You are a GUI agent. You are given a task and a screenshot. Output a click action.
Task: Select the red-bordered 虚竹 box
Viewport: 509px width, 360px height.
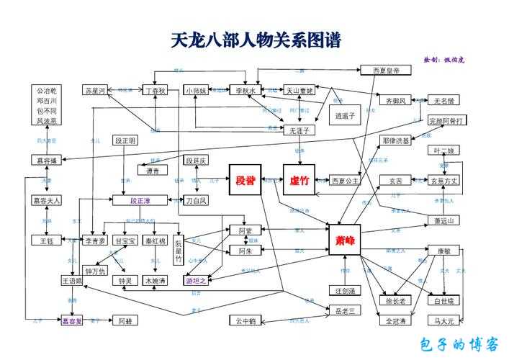[299, 180]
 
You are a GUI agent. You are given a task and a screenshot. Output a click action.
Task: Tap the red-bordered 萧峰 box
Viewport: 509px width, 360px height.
[344, 240]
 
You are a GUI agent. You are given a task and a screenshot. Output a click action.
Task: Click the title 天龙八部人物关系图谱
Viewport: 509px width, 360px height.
[256, 40]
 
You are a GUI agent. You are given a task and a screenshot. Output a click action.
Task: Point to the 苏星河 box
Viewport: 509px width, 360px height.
[95, 91]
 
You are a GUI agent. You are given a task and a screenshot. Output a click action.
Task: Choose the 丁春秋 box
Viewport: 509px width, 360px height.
[155, 91]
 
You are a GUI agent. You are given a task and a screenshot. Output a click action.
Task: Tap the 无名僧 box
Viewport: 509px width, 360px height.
[447, 100]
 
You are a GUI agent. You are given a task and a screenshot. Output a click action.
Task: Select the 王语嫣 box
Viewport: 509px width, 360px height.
[73, 281]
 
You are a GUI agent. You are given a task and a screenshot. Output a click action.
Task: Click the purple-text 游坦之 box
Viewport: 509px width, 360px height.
[196, 281]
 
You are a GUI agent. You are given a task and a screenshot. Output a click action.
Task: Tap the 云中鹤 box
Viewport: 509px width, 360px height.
[245, 320]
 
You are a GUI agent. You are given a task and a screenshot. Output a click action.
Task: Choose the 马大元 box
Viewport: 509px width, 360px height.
[444, 320]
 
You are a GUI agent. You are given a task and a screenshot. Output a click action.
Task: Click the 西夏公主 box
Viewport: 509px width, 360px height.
[345, 181]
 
